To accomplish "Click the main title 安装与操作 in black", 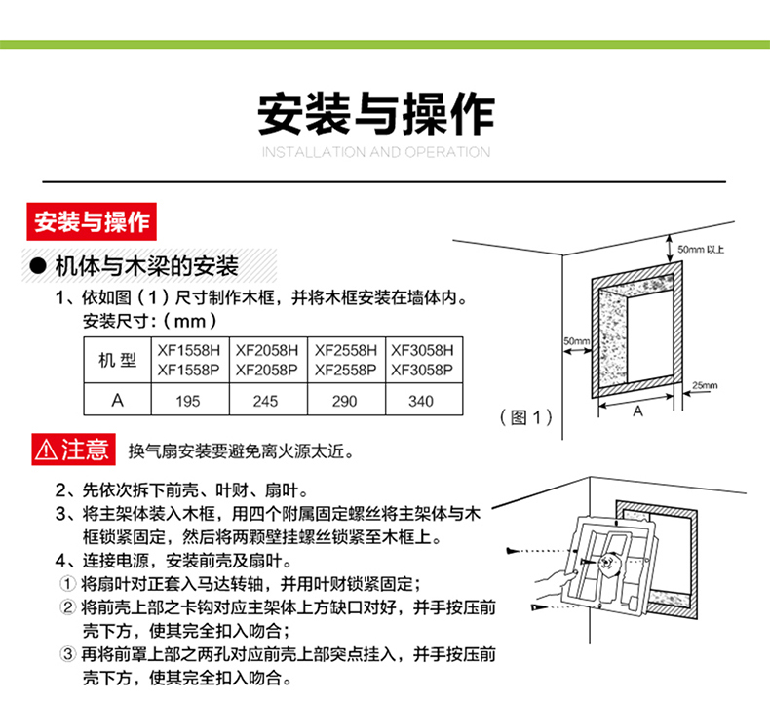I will pyautogui.click(x=376, y=114).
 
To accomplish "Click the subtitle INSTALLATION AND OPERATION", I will pyautogui.click(x=376, y=152).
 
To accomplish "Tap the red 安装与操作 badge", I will pyautogui.click(x=92, y=222).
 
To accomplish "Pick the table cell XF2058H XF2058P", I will pyautogui.click(x=266, y=360).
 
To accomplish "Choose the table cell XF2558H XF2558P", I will pyautogui.click(x=345, y=360).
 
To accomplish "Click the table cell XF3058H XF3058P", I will pyautogui.click(x=422, y=360).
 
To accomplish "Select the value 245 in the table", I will pyautogui.click(x=265, y=401).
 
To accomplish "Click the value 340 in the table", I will pyautogui.click(x=421, y=401).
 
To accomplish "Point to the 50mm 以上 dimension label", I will pyautogui.click(x=702, y=250).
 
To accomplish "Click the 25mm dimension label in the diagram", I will pyautogui.click(x=704, y=385).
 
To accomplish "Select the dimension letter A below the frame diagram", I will pyautogui.click(x=638, y=412).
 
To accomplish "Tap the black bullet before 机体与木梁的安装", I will pyautogui.click(x=39, y=266).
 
